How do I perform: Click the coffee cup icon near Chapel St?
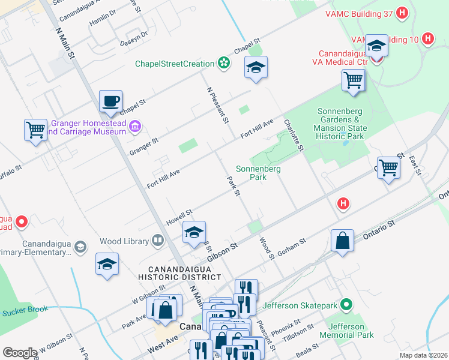click(110, 101)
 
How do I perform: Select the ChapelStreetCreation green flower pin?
click(224, 63)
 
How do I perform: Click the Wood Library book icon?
click(158, 241)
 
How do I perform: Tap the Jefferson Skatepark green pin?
click(346, 305)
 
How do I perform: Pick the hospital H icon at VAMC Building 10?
click(428, 39)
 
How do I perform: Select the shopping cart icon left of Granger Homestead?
click(35, 130)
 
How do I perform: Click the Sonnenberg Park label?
click(259, 173)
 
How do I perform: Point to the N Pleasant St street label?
click(218, 105)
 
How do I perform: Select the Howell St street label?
click(179, 217)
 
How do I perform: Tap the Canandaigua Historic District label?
click(170, 272)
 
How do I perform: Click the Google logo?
click(20, 353)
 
